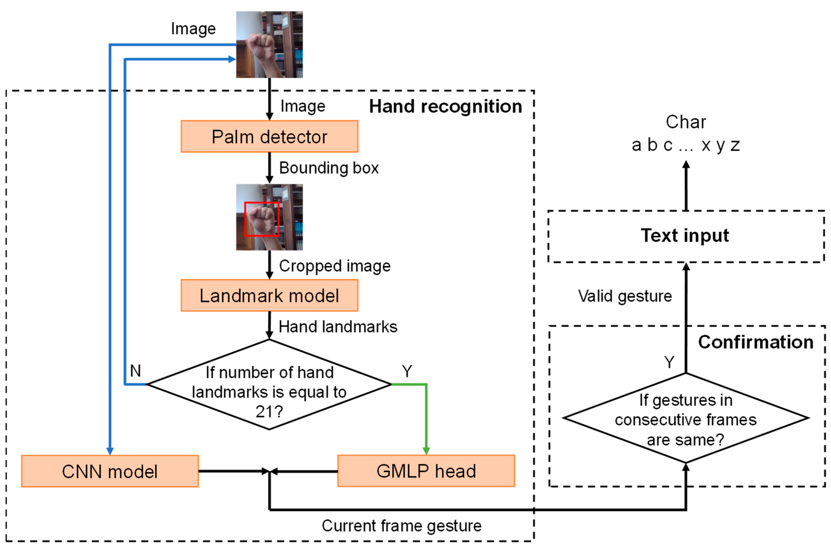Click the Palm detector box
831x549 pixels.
coord(269,137)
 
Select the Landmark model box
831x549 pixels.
coord(269,295)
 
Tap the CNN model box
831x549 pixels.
coord(110,471)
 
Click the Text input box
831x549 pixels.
coord(685,236)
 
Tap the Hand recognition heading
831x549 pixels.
coord(445,106)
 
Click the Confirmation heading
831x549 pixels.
coord(755,342)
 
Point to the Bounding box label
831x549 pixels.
coord(329,168)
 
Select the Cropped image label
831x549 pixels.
coord(335,266)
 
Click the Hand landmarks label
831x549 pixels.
coord(338,327)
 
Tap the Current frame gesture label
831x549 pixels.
coord(401,526)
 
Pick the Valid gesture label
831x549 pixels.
coord(625,296)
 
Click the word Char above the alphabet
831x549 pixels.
coord(686,122)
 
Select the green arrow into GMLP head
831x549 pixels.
coord(426,420)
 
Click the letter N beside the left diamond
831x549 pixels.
coord(136,371)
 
